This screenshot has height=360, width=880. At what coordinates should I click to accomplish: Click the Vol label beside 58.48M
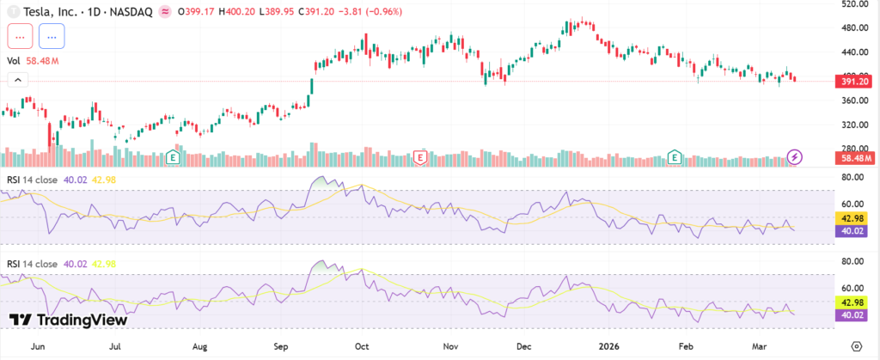click(x=14, y=61)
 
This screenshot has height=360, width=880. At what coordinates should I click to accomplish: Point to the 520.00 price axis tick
click(x=855, y=4)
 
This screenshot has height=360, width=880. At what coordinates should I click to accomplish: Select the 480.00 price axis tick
click(x=855, y=27)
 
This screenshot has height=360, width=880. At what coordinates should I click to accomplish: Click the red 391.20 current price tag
click(x=856, y=81)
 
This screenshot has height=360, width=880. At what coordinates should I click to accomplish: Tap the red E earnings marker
click(x=420, y=157)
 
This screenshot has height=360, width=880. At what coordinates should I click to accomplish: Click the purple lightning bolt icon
click(x=796, y=157)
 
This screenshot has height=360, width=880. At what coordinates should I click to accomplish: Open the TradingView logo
click(x=69, y=320)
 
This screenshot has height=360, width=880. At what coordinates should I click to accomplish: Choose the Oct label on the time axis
click(x=362, y=347)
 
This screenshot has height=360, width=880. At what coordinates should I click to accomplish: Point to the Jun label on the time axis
click(x=37, y=347)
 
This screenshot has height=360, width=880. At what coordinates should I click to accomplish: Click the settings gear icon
click(x=856, y=345)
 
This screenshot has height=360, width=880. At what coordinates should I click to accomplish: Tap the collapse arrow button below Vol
click(x=17, y=80)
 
